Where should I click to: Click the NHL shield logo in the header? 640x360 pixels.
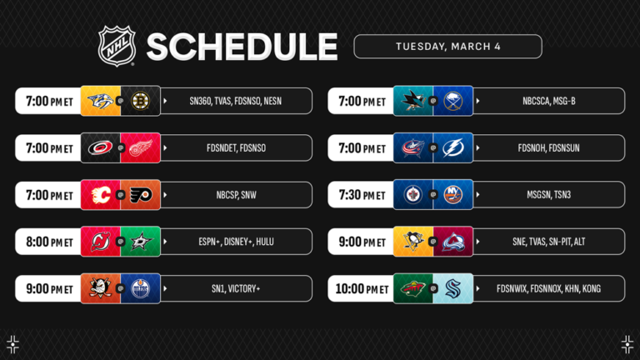[117, 46]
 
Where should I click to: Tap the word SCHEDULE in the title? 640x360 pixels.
[242, 47]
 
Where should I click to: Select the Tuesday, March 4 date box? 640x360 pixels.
[447, 46]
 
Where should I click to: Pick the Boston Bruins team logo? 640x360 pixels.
[139, 101]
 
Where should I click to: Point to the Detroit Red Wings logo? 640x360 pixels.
[139, 148]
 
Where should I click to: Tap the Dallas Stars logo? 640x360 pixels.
[139, 242]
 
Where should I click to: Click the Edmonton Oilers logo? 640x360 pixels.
[139, 288]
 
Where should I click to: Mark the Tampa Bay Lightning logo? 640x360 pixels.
[452, 148]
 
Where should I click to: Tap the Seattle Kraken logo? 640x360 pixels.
[452, 288]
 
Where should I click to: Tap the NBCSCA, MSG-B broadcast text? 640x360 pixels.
[549, 101]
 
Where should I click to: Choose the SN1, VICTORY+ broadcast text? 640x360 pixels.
[235, 288]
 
